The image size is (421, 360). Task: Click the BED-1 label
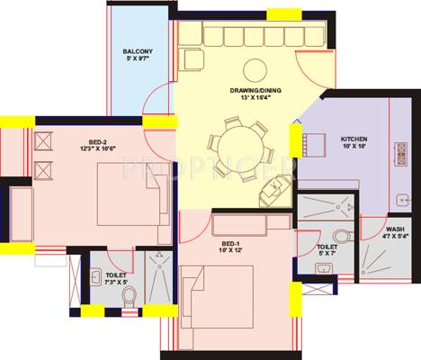[x=231, y=244]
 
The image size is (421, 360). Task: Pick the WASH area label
[x=395, y=229]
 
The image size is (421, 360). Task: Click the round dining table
[x=237, y=145]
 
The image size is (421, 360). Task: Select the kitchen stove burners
[x=399, y=154]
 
